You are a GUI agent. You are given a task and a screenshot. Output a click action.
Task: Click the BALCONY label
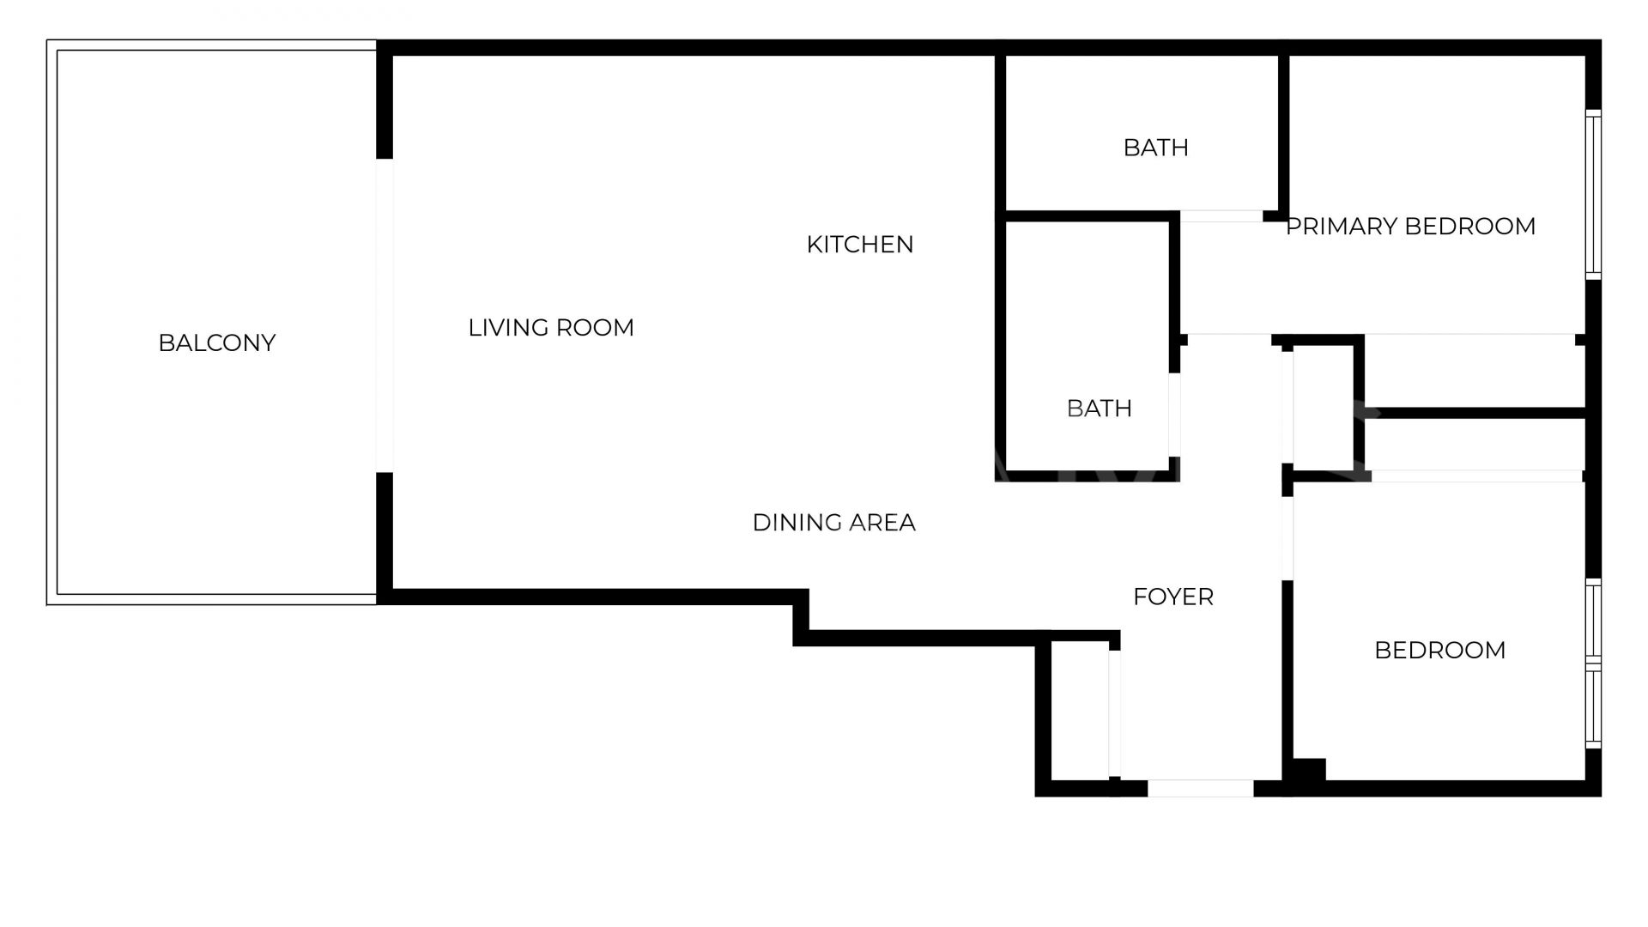click(216, 343)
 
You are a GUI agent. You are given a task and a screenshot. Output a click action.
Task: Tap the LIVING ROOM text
click(551, 328)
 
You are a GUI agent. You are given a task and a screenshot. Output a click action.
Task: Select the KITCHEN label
click(860, 245)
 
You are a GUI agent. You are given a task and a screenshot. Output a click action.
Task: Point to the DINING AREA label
click(833, 523)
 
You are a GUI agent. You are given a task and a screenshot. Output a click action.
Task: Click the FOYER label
click(1172, 597)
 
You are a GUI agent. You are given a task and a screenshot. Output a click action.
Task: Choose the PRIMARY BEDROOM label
click(1410, 227)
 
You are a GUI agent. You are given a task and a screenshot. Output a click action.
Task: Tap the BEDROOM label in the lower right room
click(1439, 651)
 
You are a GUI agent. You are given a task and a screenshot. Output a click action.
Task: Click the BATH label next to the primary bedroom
click(1155, 148)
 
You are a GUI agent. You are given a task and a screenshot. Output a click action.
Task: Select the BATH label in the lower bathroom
click(1099, 409)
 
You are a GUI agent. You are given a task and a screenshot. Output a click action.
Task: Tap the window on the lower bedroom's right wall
click(1593, 663)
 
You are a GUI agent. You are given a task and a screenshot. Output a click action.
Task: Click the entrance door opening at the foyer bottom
click(1200, 788)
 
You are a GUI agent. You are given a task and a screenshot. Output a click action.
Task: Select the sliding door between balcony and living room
click(385, 315)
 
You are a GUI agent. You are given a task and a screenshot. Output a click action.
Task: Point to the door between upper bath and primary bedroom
click(1221, 216)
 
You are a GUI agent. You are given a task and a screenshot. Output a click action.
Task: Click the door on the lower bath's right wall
click(1173, 415)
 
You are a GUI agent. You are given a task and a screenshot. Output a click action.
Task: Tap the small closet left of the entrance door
click(1079, 712)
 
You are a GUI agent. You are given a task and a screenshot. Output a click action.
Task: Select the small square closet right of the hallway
click(1323, 409)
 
